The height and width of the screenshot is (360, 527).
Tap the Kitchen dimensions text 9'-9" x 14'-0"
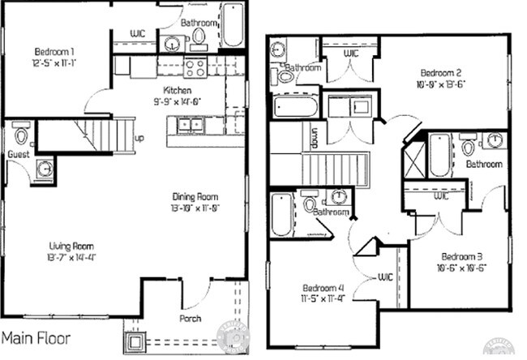(x=177, y=102)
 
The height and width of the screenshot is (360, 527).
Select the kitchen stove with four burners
(x=195, y=66)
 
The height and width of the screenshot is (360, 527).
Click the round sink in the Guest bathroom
(x=45, y=169)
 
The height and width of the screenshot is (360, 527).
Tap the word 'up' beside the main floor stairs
(x=139, y=138)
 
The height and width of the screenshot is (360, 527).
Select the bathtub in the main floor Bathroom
(x=233, y=26)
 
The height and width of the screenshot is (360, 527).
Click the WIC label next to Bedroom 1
(x=138, y=33)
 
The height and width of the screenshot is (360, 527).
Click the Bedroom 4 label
(x=322, y=288)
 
